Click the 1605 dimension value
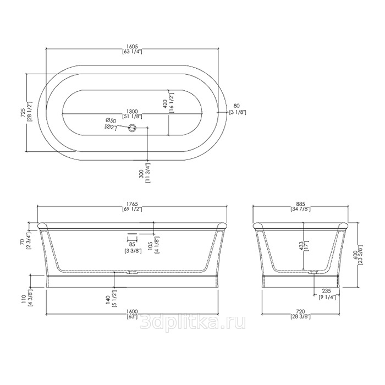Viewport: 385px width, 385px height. (132, 46)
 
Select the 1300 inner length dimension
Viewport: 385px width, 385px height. (132, 111)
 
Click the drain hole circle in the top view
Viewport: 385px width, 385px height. (133, 127)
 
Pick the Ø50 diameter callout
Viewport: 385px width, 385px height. (111, 120)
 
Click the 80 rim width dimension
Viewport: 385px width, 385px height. (236, 106)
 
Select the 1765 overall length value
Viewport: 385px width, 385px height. (132, 204)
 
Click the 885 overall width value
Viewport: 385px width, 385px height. (300, 204)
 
